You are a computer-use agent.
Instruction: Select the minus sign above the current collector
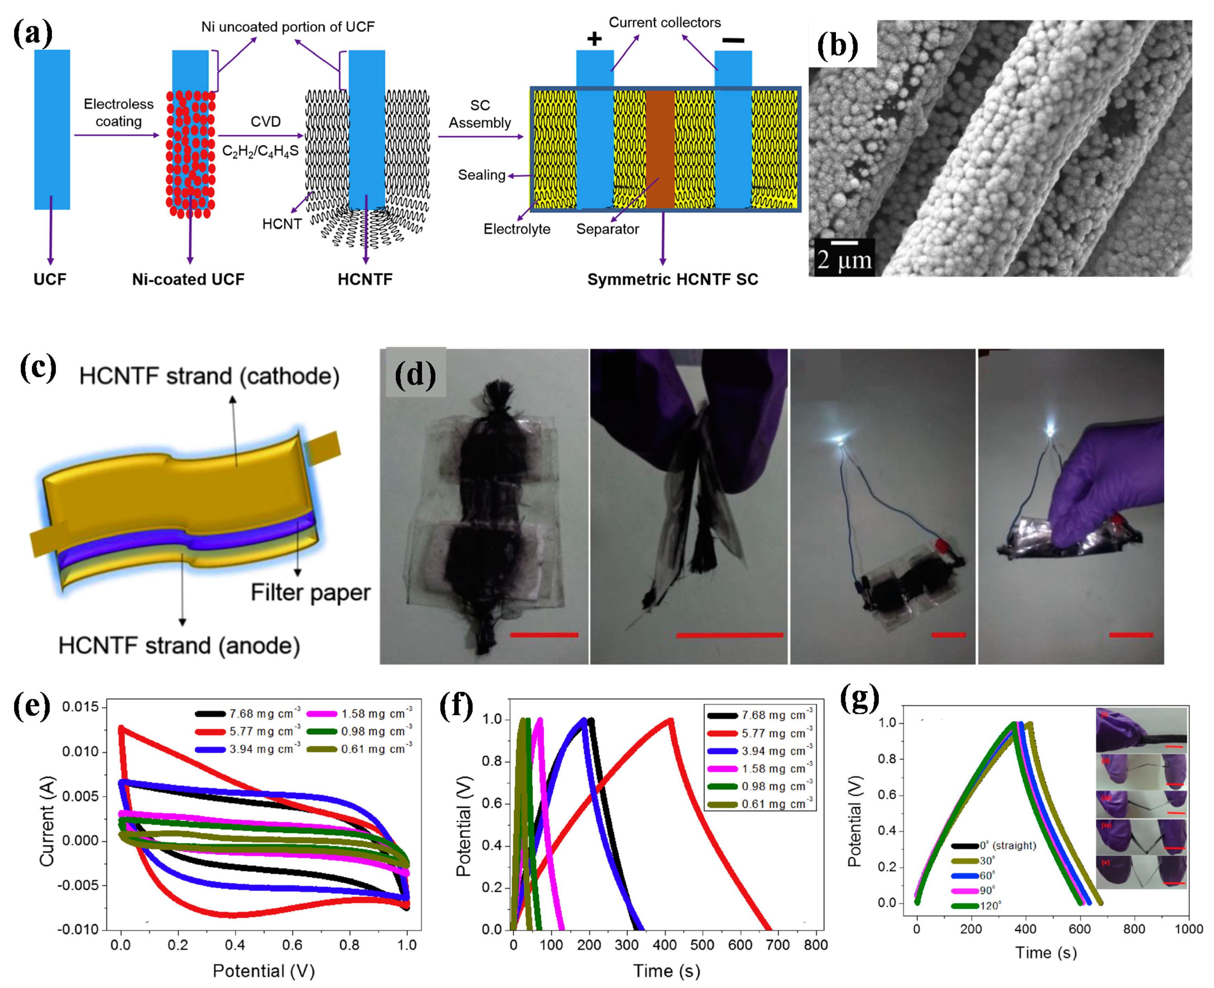[x=733, y=40]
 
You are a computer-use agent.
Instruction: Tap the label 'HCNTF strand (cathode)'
[x=209, y=376]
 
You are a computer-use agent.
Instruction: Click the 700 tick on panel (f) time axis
[x=778, y=945]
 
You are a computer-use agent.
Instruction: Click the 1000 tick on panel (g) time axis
[x=1188, y=929]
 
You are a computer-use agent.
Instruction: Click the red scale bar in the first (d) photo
[x=544, y=635]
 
